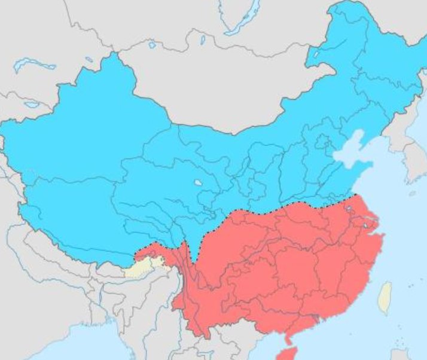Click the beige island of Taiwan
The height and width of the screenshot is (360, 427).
(386, 297)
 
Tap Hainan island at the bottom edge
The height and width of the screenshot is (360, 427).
(289, 353)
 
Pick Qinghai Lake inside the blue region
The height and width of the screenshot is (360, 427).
(197, 182)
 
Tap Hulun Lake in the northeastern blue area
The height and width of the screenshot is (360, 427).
(316, 54)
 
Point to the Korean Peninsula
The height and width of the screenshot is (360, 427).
(413, 155)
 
